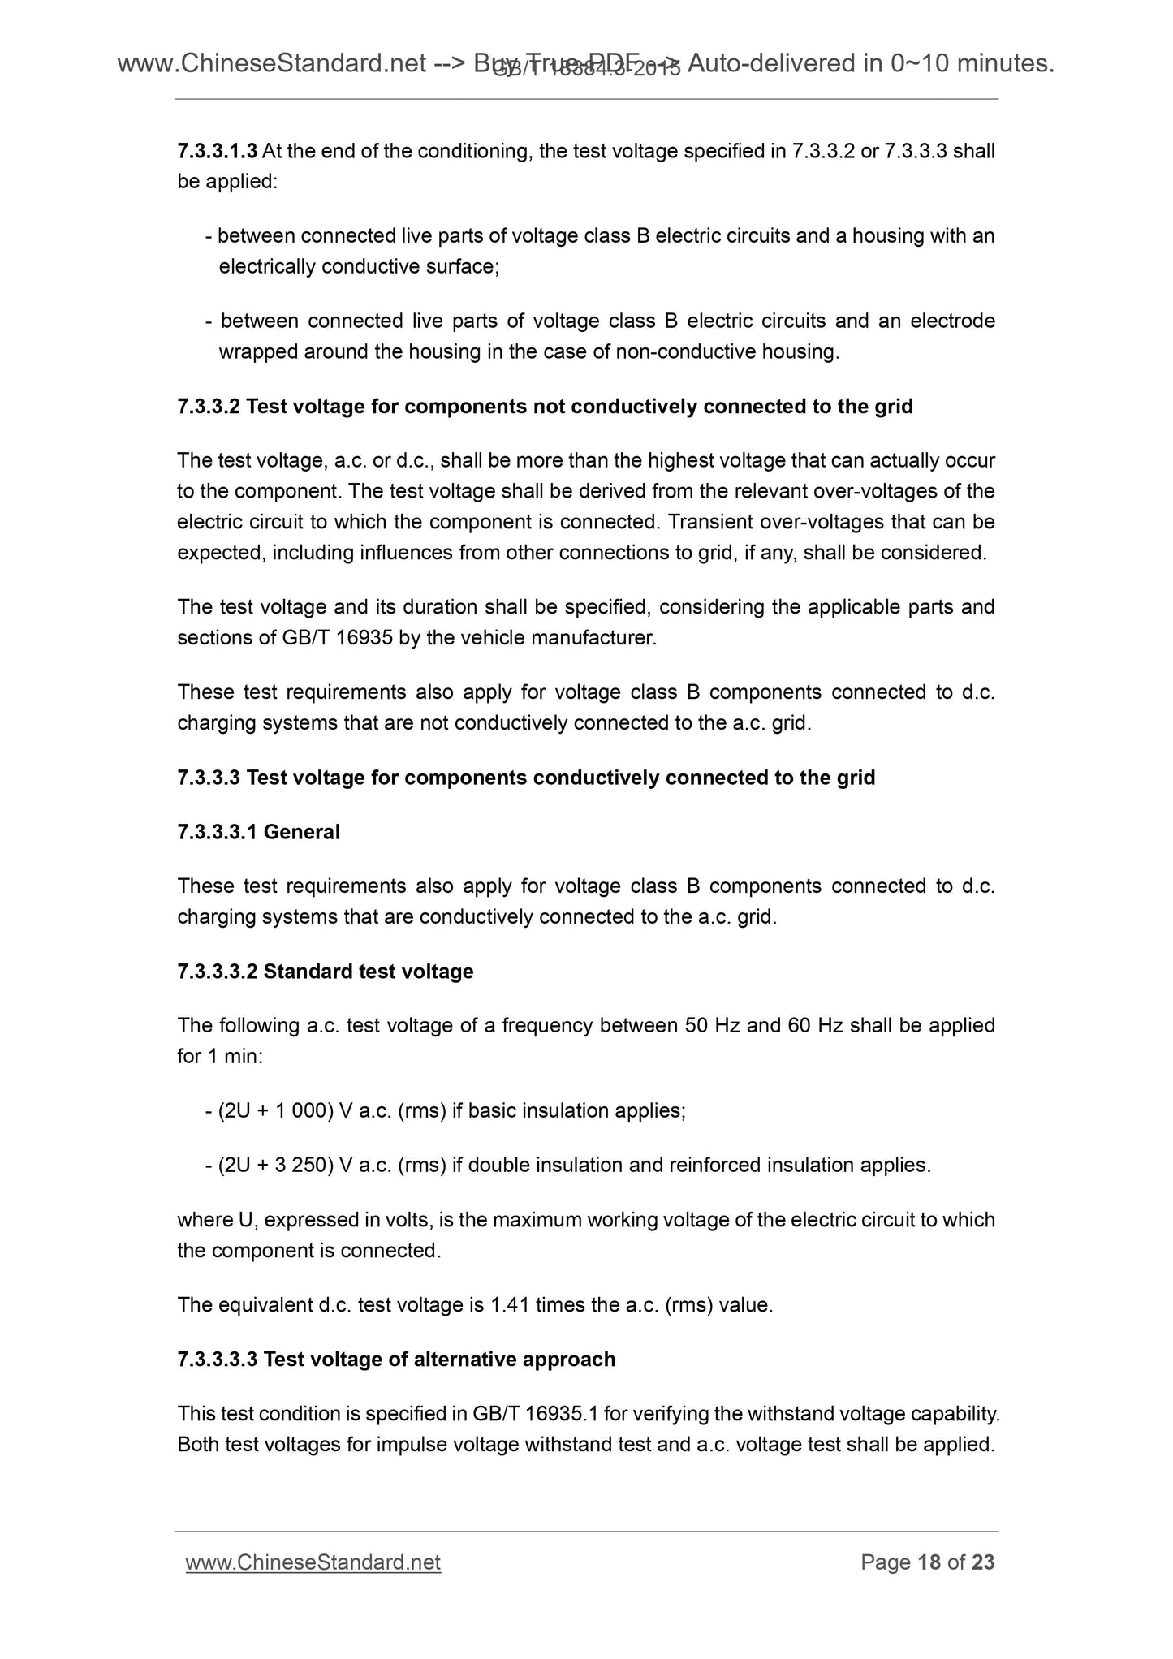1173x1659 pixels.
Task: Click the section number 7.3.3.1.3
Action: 217,151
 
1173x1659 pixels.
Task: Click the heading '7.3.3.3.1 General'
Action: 258,832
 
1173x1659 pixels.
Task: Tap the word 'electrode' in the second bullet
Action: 952,321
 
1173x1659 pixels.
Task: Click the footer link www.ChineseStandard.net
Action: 313,1562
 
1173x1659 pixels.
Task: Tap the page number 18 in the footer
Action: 929,1562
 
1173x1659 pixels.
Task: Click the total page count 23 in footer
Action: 982,1562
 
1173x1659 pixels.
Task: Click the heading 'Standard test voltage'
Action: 368,972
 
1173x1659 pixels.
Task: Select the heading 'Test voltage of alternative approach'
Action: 439,1360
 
